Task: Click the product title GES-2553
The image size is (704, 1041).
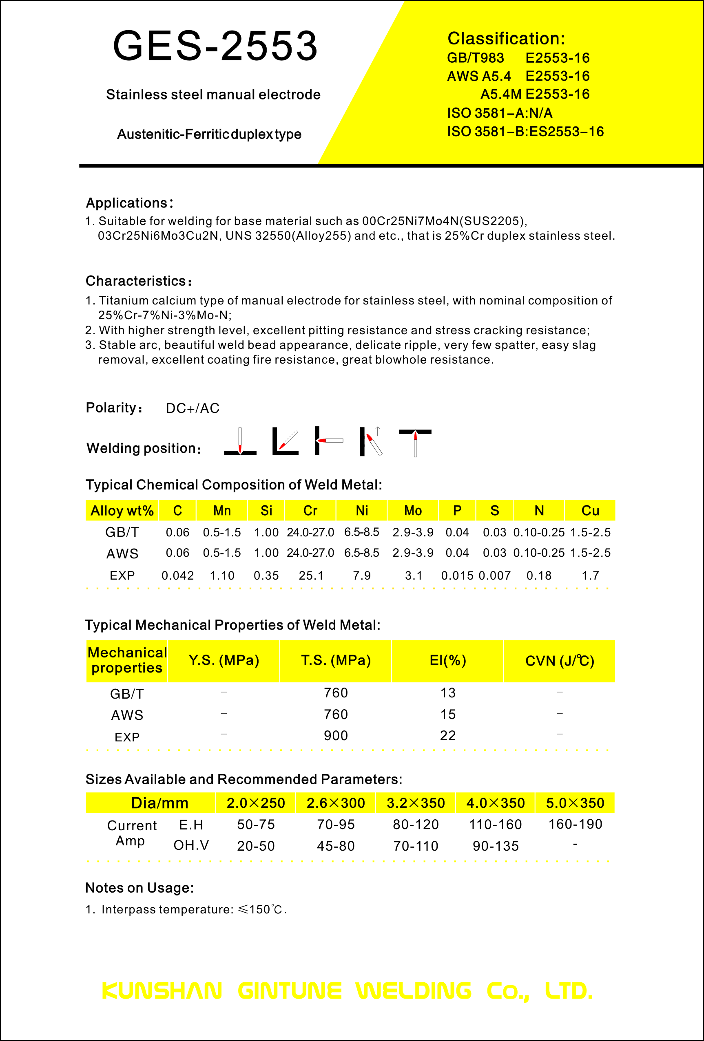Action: (x=215, y=46)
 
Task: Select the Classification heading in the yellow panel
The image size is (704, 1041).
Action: (x=506, y=39)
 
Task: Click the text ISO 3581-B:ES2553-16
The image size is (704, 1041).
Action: (x=525, y=132)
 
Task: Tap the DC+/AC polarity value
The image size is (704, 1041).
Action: (x=193, y=408)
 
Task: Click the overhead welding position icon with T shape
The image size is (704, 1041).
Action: (x=415, y=442)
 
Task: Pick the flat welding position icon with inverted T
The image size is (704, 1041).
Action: (x=240, y=442)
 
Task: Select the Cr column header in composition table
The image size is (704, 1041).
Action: (x=310, y=511)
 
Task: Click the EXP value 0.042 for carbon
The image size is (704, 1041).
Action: (x=177, y=576)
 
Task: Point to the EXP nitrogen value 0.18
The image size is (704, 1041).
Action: (x=539, y=576)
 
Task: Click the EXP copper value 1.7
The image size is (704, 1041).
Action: (x=590, y=576)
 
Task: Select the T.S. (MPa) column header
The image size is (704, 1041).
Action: (x=336, y=660)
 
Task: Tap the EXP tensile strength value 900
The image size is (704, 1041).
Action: (x=336, y=736)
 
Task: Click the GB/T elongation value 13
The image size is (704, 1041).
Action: (x=448, y=693)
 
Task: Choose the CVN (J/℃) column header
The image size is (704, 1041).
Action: (x=559, y=661)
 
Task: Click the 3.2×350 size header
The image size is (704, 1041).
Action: (x=415, y=803)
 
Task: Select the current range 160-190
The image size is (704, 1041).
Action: (x=575, y=824)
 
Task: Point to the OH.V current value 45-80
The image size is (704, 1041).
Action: (x=336, y=846)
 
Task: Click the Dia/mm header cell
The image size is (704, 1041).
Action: (x=159, y=803)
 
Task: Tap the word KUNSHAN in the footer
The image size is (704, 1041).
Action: (x=162, y=991)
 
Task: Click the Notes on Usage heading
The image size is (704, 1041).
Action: (x=139, y=888)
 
